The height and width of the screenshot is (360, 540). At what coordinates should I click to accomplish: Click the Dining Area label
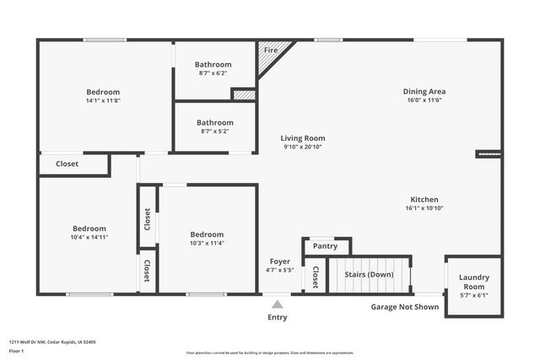point(425,91)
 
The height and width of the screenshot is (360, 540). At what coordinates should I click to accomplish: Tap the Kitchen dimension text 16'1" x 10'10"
point(424,208)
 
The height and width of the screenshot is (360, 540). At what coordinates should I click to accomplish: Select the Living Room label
point(303,138)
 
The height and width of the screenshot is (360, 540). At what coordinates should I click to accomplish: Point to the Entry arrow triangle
point(277,304)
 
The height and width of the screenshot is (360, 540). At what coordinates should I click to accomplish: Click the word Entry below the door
point(277,318)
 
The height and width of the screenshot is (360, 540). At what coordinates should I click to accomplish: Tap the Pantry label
point(325,246)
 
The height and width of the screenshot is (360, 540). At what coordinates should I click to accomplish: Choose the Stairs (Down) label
point(370,275)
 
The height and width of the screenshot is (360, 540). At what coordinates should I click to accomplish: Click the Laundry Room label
point(473,282)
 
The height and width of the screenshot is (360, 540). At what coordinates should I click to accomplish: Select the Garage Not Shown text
point(405,307)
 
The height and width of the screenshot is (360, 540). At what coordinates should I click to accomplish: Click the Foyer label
point(279,261)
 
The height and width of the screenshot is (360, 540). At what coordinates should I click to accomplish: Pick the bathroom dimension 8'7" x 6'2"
point(213,73)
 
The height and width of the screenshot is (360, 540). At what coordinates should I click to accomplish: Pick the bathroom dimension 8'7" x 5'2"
point(213,132)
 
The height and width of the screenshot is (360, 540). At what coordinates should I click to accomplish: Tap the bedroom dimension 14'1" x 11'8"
point(103,100)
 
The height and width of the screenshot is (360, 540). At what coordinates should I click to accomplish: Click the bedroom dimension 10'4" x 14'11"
point(89,237)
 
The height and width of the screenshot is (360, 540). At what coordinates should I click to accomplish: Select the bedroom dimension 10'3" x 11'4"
point(207,243)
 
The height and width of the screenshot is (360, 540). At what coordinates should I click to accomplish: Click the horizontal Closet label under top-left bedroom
point(67,164)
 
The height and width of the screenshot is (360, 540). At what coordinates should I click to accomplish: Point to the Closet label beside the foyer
point(316,277)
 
